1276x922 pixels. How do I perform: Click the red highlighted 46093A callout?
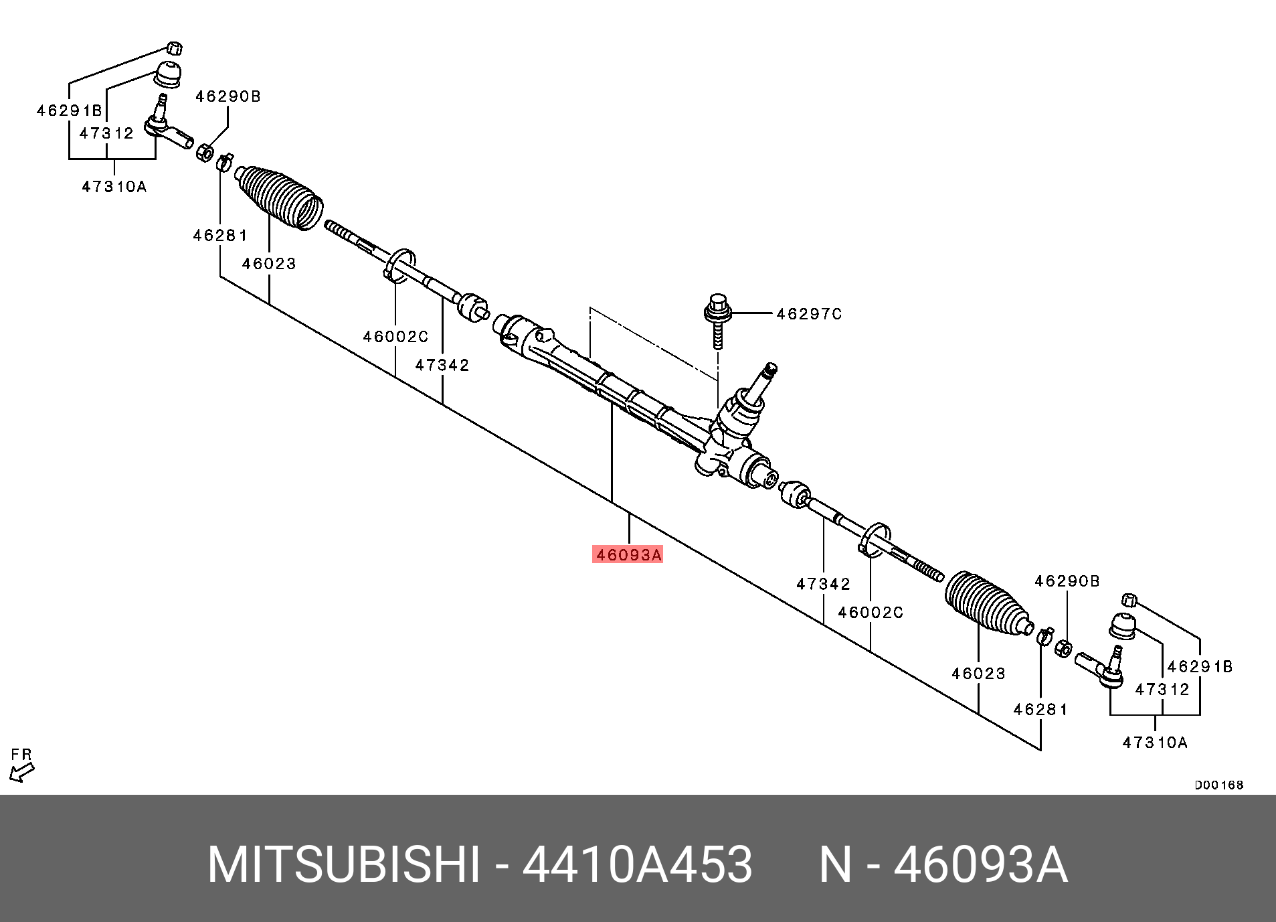click(628, 554)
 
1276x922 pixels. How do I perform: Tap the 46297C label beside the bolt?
click(809, 314)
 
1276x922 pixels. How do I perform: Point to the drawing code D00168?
click(1219, 785)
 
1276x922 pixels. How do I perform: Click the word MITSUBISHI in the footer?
click(344, 864)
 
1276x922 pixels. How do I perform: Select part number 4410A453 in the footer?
click(637, 864)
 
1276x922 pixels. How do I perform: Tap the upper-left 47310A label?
click(114, 187)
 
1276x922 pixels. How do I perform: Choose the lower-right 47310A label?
click(1155, 743)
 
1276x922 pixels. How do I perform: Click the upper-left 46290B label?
click(228, 96)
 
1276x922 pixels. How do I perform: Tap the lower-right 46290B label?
click(1067, 581)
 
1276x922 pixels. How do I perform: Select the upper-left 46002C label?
click(395, 337)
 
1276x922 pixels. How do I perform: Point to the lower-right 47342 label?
click(823, 584)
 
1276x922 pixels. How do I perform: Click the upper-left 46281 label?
click(220, 236)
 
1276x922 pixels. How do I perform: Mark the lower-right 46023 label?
click(978, 674)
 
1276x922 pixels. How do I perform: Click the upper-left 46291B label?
click(69, 110)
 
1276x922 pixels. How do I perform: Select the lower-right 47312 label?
click(1162, 690)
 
